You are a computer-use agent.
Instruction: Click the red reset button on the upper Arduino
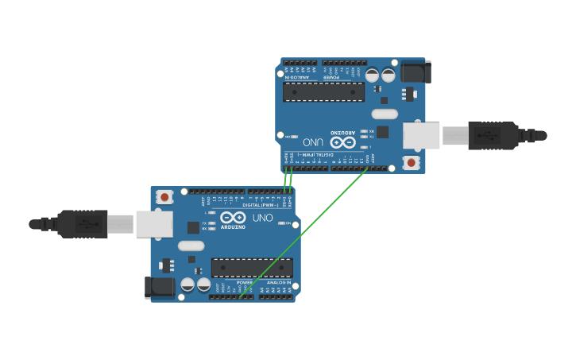[x=411, y=162]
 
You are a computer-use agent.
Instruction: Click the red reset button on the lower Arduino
[x=164, y=196]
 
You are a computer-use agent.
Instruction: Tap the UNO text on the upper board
[x=313, y=142]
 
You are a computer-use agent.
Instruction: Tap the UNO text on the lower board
[x=262, y=217]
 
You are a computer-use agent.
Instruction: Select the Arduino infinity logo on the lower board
[x=233, y=217]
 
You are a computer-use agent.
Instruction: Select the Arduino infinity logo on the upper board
[x=342, y=142]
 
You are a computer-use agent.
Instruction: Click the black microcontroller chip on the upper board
[x=323, y=92]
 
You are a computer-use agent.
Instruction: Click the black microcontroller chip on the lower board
[x=252, y=268]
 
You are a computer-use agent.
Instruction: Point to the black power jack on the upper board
[x=416, y=72]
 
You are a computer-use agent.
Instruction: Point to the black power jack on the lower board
[x=160, y=287]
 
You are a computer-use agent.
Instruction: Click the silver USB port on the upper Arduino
[x=421, y=136]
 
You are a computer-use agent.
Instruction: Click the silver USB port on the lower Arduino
[x=154, y=224]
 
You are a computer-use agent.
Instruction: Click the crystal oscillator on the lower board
[x=191, y=246]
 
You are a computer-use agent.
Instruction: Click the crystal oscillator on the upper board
[x=385, y=114]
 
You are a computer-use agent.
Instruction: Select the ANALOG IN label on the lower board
[x=278, y=282]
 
